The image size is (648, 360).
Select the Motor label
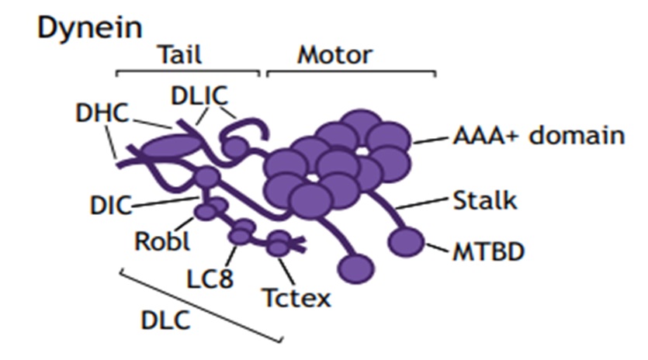[x=334, y=55]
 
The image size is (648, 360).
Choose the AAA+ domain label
[x=539, y=135]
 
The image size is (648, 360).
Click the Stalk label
[x=484, y=202]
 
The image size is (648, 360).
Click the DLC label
[x=165, y=320]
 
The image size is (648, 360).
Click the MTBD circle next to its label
[x=406, y=242]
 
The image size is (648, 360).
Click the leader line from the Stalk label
[x=422, y=206]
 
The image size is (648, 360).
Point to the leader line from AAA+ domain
[x=429, y=140]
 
